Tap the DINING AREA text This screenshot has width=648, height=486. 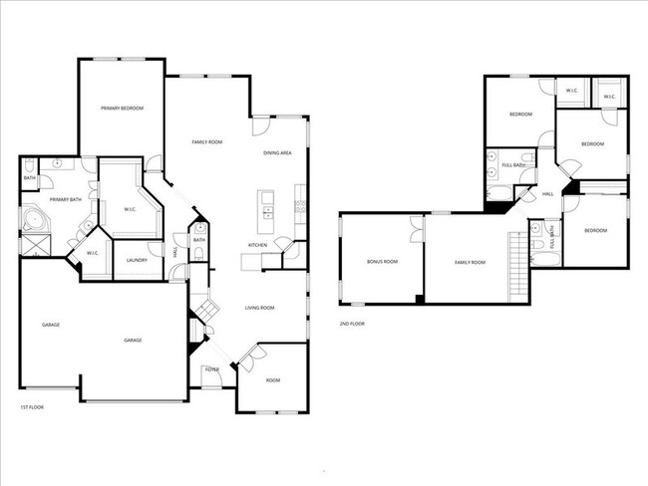pyautogui.click(x=277, y=152)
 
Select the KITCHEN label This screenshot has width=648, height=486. pyautogui.click(x=257, y=245)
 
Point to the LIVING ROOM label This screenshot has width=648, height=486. pyautogui.click(x=259, y=308)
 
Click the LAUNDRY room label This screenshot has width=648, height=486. pyautogui.click(x=138, y=261)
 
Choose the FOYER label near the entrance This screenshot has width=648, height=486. pyautogui.click(x=211, y=369)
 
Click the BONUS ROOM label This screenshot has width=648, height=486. pyautogui.click(x=382, y=262)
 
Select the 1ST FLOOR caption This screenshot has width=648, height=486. pyautogui.click(x=32, y=407)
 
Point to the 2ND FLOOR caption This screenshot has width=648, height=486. pyautogui.click(x=352, y=324)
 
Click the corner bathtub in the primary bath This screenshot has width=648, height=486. pyautogui.click(x=34, y=221)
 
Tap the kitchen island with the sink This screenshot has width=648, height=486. pyautogui.click(x=266, y=205)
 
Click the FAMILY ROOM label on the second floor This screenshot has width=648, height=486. pyautogui.click(x=470, y=262)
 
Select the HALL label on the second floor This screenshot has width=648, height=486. pyautogui.click(x=547, y=194)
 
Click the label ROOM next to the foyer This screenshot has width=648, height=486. pyautogui.click(x=272, y=380)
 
